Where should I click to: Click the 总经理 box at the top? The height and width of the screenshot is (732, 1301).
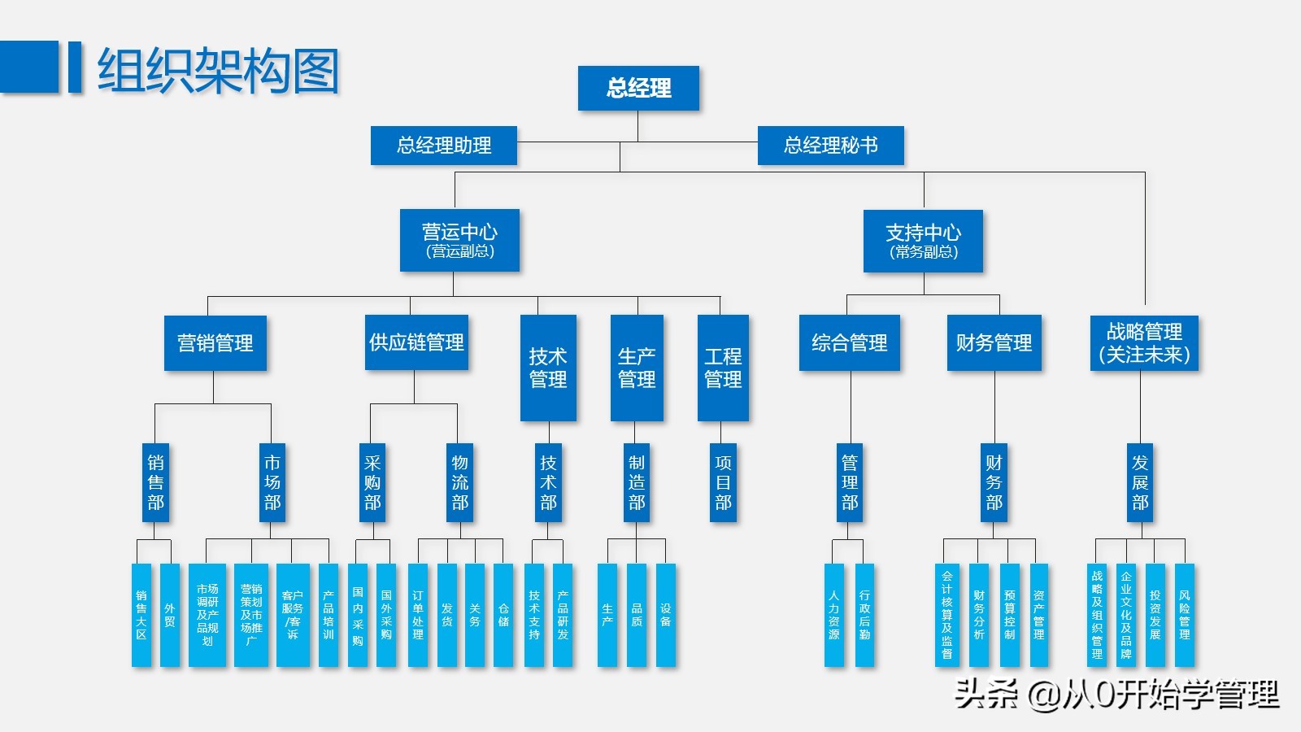tap(638, 88)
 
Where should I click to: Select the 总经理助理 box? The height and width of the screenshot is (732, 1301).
tap(444, 146)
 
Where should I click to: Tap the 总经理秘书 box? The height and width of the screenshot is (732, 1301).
tap(830, 146)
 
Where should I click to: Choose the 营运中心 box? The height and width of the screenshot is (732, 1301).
tap(459, 240)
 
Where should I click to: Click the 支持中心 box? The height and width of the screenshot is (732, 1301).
tap(923, 241)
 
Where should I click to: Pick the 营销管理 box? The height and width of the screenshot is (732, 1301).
tap(215, 342)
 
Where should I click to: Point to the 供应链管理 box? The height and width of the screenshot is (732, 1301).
tap(416, 342)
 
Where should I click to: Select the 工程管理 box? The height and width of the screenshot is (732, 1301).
tap(723, 368)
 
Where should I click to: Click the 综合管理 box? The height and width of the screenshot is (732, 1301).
tap(849, 342)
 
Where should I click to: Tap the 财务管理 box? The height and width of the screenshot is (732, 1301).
tap(994, 342)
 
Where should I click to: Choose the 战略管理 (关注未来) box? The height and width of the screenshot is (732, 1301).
tap(1144, 342)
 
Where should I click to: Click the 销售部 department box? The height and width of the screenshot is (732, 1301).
tap(155, 482)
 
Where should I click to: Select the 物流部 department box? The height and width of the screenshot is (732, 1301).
tap(460, 482)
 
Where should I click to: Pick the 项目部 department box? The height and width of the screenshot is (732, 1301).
tap(723, 482)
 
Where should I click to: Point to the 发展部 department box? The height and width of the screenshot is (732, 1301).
tap(1140, 482)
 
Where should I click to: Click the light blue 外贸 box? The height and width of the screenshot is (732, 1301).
tap(169, 615)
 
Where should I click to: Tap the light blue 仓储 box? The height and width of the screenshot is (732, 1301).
tap(503, 615)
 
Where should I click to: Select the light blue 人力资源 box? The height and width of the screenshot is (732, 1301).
tap(834, 615)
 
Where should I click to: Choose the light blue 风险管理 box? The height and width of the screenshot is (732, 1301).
tap(1184, 615)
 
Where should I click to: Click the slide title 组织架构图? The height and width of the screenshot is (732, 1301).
tap(218, 70)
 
